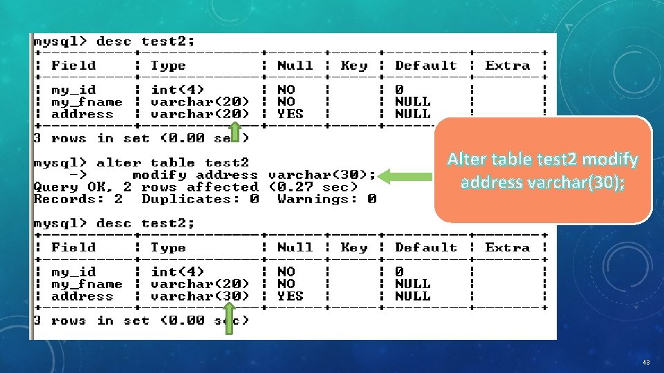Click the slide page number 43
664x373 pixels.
pyautogui.click(x=646, y=362)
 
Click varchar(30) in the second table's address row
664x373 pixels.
pyautogui.click(x=200, y=296)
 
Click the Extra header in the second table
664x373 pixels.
pyautogui.click(x=508, y=247)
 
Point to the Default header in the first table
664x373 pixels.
pyautogui.click(x=425, y=66)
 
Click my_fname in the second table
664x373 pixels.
pyautogui.click(x=86, y=284)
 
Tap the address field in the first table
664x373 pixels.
pyautogui.click(x=82, y=114)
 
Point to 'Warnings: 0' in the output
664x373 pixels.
pyautogui.click(x=326, y=200)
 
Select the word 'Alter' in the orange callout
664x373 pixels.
pyautogui.click(x=468, y=160)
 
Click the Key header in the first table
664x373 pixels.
pyautogui.click(x=354, y=66)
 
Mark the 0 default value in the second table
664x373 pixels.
pyautogui.click(x=399, y=272)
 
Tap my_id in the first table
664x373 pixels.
pyautogui.click(x=73, y=90)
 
